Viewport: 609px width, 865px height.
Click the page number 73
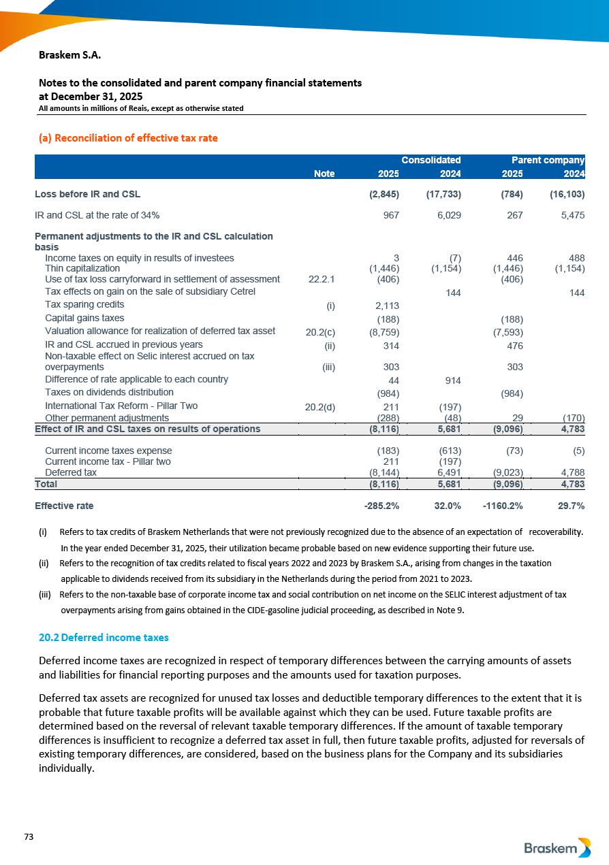tap(29, 836)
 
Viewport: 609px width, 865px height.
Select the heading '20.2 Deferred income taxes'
tap(104, 638)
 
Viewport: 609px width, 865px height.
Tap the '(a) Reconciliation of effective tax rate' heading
tap(128, 138)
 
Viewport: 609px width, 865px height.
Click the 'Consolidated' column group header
tap(431, 161)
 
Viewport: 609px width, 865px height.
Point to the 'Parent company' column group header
tap(548, 161)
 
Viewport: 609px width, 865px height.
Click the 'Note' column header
tap(324, 174)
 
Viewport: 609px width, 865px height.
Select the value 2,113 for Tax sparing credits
tap(387, 306)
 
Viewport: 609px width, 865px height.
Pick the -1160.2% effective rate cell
tap(503, 506)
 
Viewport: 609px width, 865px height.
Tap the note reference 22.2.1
tap(322, 279)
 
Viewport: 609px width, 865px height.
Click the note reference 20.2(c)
tap(320, 332)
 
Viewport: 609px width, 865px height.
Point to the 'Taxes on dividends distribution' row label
tap(109, 393)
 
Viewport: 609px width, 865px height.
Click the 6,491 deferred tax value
tap(448, 472)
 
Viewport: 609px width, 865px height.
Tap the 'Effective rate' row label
tap(64, 506)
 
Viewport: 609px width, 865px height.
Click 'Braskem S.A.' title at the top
tap(70, 54)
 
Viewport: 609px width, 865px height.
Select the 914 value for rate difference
tap(452, 380)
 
